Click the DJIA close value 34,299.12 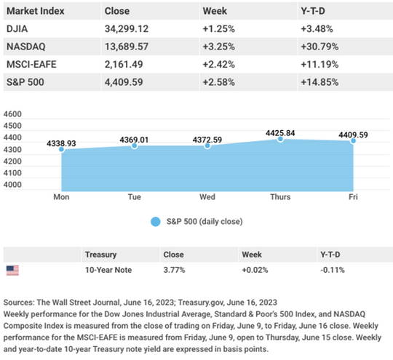(x=127, y=29)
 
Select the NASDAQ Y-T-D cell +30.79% (x=319, y=47)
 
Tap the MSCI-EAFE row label (x=31, y=65)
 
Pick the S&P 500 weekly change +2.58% (x=219, y=82)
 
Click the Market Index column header (x=36, y=11)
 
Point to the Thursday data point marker (x=280, y=139)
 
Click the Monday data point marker (x=61, y=150)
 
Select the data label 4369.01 (x=134, y=140)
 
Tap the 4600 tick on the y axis (x=12, y=114)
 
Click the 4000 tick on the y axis (x=12, y=185)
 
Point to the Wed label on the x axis (x=207, y=197)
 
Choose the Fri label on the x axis (x=353, y=197)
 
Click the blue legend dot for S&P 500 (x=156, y=222)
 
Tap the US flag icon (x=12, y=271)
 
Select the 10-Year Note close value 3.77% (x=174, y=270)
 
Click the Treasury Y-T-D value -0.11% (x=333, y=270)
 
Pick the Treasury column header (x=100, y=255)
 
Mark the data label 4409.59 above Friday (x=353, y=135)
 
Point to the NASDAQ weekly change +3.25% (x=219, y=47)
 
